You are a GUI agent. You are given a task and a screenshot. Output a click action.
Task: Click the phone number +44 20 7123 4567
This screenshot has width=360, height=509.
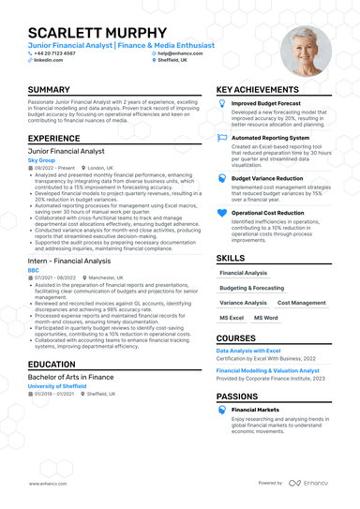point(58,53)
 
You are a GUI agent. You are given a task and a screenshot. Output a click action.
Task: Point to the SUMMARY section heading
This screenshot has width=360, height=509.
point(49,90)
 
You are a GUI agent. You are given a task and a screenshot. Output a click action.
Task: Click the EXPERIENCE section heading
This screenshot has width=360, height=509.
point(53,137)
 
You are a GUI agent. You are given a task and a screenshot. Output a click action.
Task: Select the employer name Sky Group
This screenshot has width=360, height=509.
point(41,160)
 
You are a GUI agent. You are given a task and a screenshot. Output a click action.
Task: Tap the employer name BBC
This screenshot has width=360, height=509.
point(33,270)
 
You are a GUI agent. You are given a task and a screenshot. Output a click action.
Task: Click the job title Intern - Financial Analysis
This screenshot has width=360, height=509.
point(70,260)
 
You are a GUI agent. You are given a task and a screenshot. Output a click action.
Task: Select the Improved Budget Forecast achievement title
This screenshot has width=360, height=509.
point(266,103)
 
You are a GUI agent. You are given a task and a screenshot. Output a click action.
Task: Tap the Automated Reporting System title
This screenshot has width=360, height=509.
point(272,138)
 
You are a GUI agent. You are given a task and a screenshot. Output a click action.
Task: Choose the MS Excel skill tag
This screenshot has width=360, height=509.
point(232,318)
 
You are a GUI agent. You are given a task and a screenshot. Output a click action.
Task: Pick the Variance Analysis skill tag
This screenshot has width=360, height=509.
point(243,303)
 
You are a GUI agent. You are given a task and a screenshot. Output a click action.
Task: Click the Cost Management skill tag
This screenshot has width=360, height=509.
point(302,303)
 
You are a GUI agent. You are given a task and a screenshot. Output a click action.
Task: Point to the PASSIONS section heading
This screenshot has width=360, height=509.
point(239,396)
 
